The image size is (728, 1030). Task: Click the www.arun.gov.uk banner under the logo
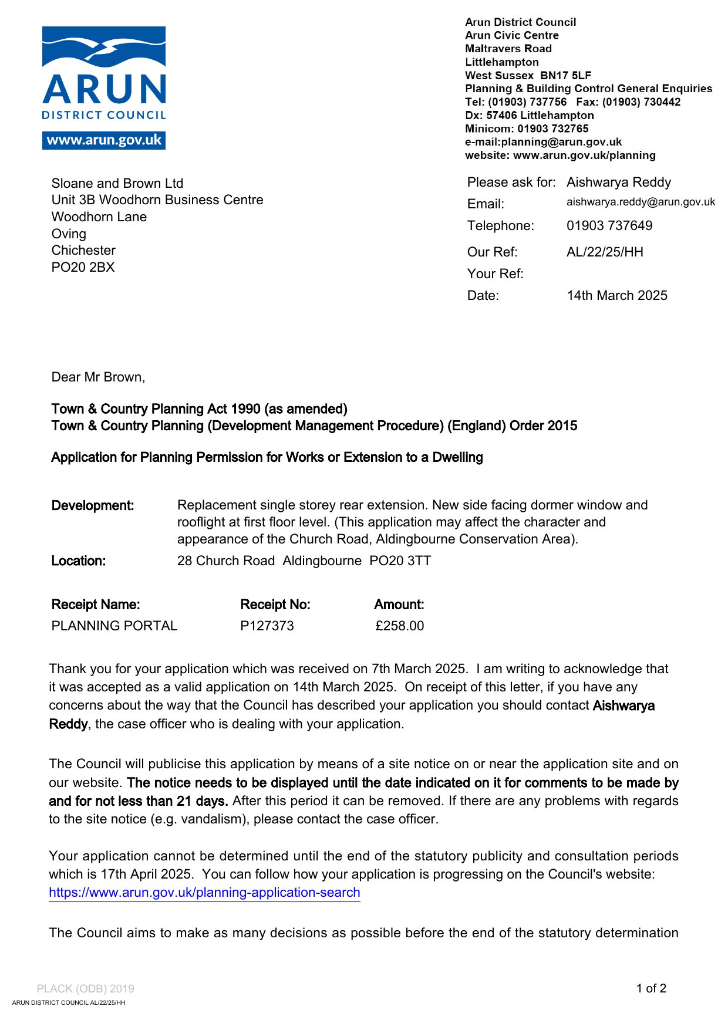point(103,140)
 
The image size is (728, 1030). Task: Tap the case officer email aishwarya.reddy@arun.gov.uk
point(641,202)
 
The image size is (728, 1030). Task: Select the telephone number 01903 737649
point(609,226)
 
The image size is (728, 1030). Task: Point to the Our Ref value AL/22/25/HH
point(605,252)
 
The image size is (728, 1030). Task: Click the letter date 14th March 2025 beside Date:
point(616,296)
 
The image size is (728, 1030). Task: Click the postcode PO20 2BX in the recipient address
point(83,268)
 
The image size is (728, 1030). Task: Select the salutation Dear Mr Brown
point(98,377)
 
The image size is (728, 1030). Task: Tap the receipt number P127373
point(267,626)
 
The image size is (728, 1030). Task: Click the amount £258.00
point(399,626)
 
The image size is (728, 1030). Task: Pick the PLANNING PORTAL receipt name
point(114,626)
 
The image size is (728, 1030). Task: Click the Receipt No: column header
point(275,605)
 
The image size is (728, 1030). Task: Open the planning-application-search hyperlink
point(204,893)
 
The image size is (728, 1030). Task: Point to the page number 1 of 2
point(651,989)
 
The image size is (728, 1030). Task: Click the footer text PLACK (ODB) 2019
point(85,989)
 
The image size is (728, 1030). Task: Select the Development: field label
point(92,506)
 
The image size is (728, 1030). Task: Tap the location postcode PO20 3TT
point(400,561)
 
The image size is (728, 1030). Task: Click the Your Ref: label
point(495,274)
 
